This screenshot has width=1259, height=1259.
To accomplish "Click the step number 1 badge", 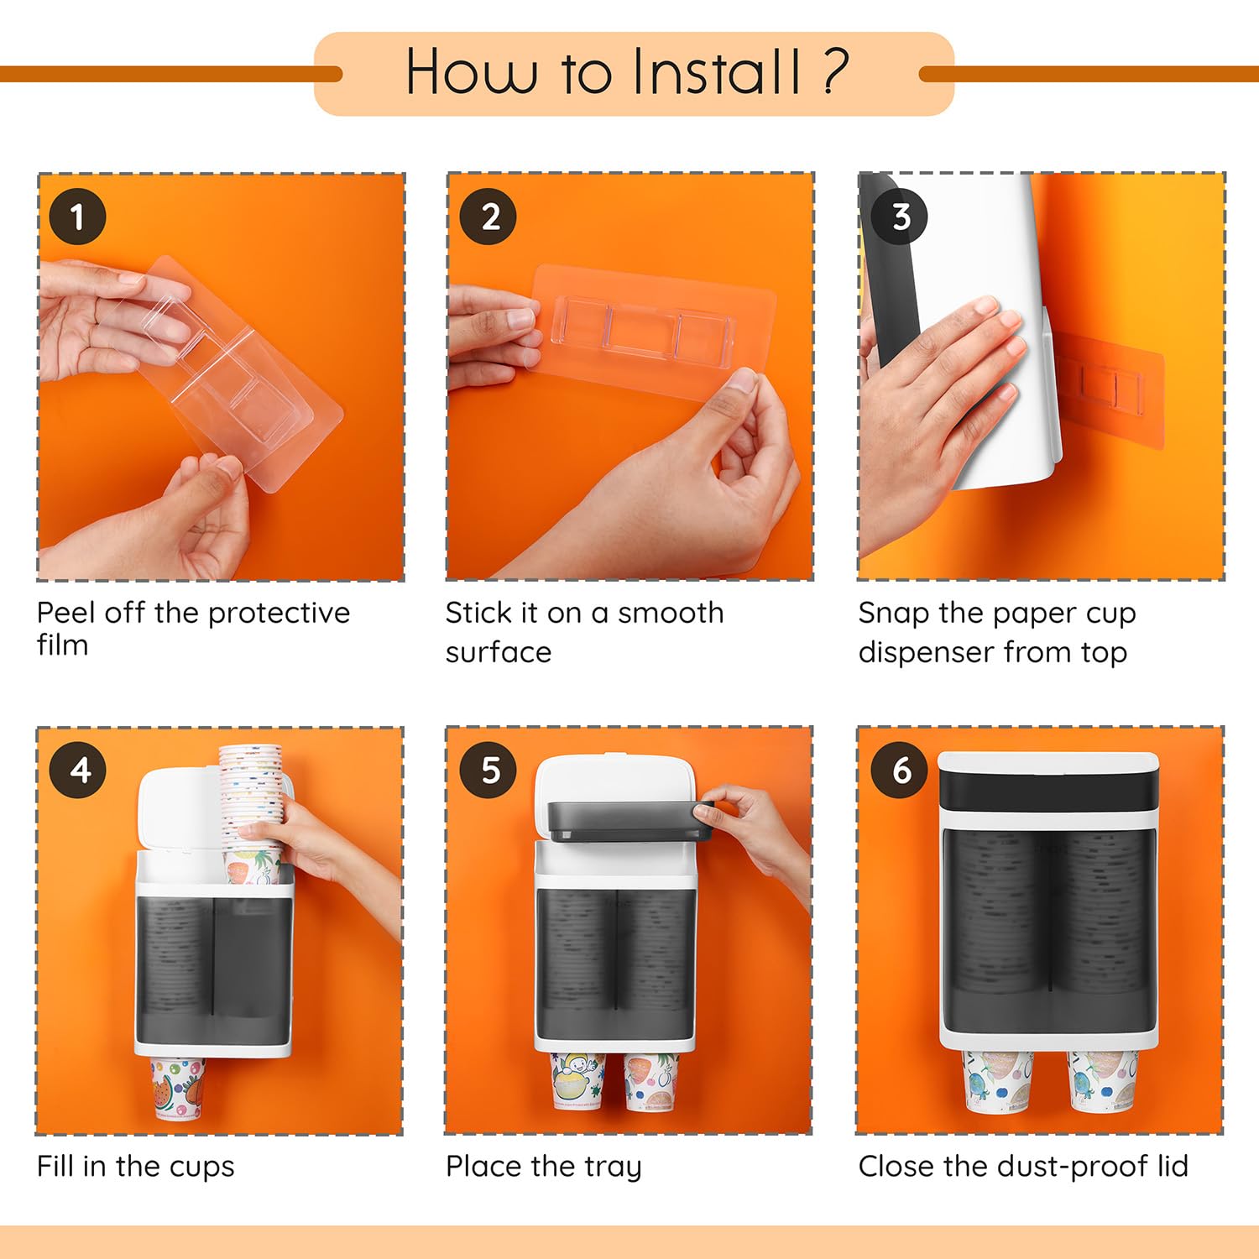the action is coord(77,217).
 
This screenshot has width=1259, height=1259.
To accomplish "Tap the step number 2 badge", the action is coord(488,217).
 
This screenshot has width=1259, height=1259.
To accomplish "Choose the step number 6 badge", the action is coord(900,770).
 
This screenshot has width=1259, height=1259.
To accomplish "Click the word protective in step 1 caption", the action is coord(279,614).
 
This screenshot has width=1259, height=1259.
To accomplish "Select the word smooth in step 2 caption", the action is coord(671,613).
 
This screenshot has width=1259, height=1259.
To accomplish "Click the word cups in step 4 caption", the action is coord(202,1167).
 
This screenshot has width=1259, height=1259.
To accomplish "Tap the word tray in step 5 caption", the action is coord(613,1167).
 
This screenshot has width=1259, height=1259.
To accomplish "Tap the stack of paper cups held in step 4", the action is coord(251,814).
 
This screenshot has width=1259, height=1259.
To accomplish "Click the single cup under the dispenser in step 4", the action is coord(178,1088).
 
